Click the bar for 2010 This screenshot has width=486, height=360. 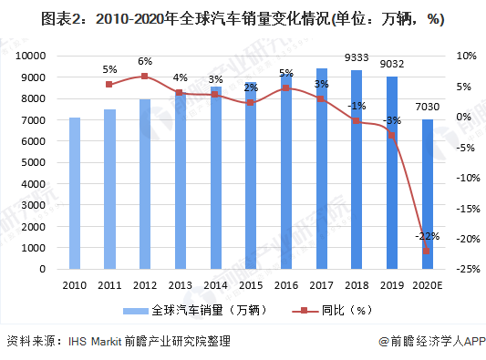pos(74,193)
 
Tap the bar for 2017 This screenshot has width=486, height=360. pos(321,169)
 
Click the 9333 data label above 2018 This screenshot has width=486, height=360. pos(357,58)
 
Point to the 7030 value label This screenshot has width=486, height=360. pos(427,108)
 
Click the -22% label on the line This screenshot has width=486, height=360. pos(426,236)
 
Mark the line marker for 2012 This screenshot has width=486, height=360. pos(144,77)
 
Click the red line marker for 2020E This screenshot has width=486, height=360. pos(427,251)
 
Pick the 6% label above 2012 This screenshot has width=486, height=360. pos(144,61)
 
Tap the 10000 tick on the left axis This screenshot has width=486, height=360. pos(35,56)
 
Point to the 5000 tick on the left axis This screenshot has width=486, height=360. pos(37,162)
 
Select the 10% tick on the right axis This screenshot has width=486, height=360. pos(465,56)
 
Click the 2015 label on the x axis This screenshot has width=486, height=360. pos(251,284)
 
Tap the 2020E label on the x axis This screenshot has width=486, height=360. pos(427,284)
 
